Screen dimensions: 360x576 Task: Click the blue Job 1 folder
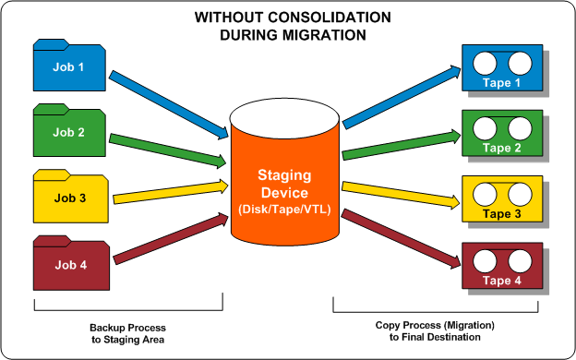pos(70,66)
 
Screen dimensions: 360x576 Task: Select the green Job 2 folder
pos(70,132)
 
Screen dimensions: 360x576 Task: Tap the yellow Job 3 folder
pos(70,197)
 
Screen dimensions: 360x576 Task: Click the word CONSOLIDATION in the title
pos(322,17)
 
